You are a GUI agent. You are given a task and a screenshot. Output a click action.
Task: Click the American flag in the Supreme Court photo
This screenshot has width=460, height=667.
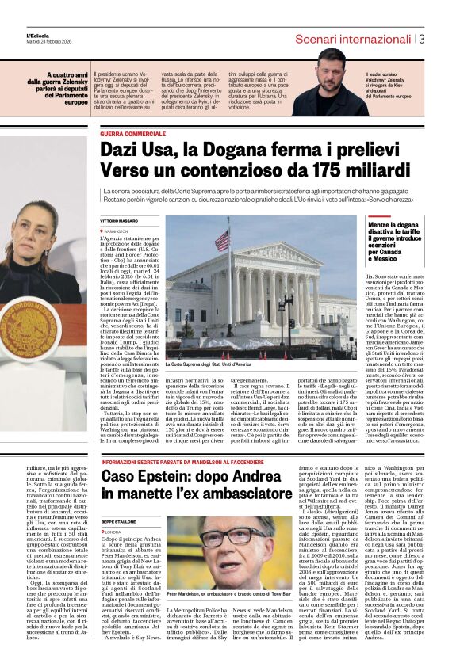[222, 240]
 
